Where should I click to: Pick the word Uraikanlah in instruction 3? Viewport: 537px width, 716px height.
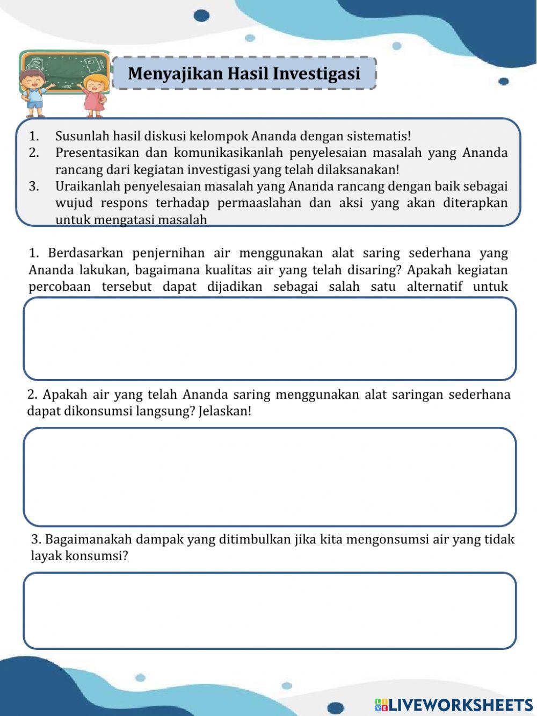point(88,187)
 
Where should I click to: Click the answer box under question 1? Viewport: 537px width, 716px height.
point(270,339)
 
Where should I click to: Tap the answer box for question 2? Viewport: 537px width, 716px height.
point(270,477)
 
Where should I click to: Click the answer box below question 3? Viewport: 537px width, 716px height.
point(270,611)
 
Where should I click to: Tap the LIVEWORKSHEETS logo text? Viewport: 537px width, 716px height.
point(460,705)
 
